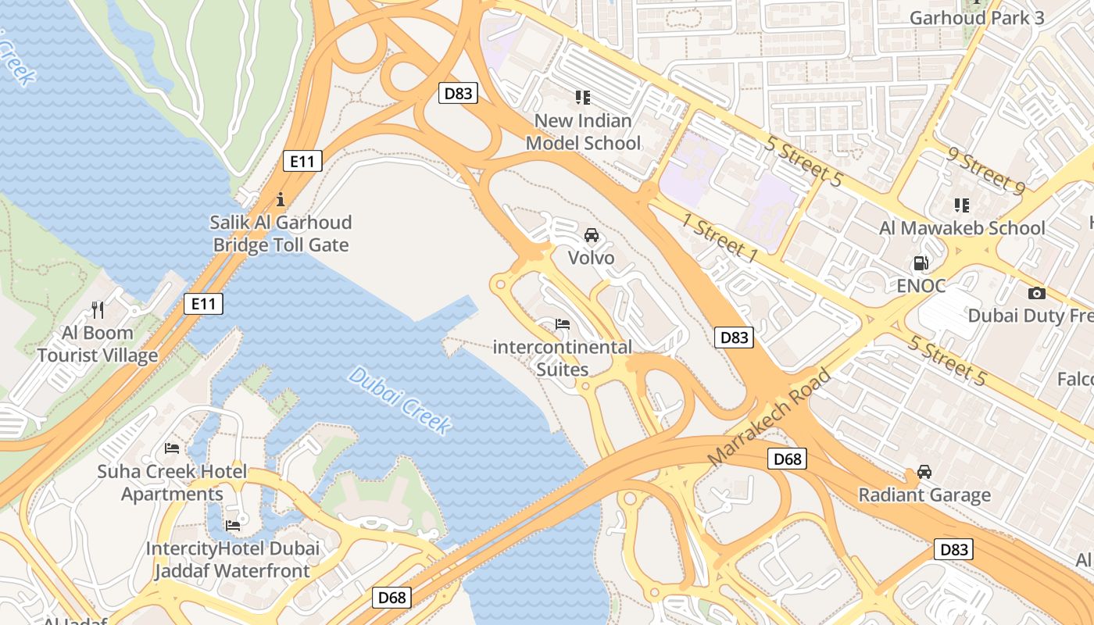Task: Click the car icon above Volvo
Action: coord(592,235)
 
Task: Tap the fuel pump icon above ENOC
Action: coord(921,263)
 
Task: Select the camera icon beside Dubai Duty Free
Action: coord(1037,293)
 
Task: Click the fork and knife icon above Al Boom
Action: coord(98,309)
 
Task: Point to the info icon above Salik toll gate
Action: coord(281,199)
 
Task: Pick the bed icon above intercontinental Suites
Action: coord(562,323)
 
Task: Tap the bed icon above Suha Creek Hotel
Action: coord(172,448)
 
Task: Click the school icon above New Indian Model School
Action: coord(582,98)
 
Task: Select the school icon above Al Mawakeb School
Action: coord(962,205)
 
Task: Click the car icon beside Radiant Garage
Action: coord(924,472)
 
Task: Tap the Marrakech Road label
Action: coord(769,418)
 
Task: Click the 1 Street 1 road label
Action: coord(720,237)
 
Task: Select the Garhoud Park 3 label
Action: coord(977,17)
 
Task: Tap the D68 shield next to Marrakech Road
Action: coord(787,459)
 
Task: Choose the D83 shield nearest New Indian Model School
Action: coord(458,94)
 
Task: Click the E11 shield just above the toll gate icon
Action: coord(302,162)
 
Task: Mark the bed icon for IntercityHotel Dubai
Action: coord(233,525)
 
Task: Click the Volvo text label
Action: coord(591,258)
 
